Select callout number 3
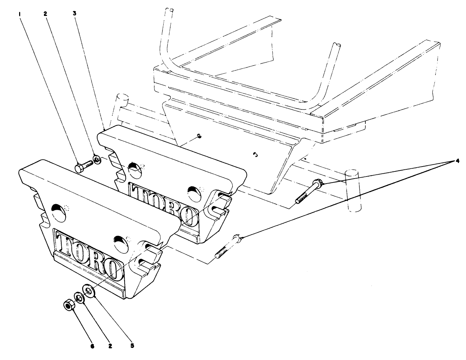click(x=75, y=13)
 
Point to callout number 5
click(x=132, y=345)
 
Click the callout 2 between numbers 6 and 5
click(x=110, y=345)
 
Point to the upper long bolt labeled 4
click(x=308, y=192)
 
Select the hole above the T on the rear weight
click(x=134, y=168)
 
